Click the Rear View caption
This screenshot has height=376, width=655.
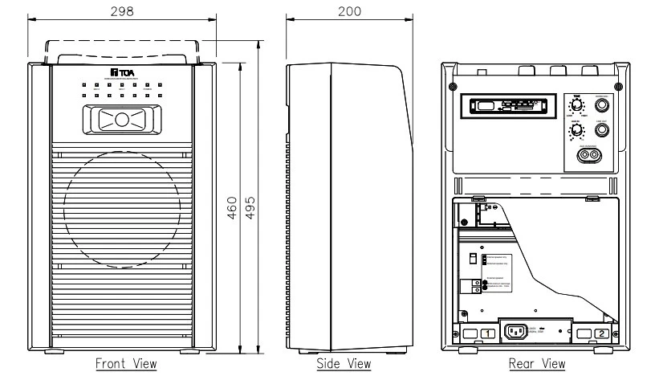click(x=537, y=364)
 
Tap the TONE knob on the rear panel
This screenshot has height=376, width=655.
click(x=576, y=105)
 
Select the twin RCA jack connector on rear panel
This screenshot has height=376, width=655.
click(x=589, y=157)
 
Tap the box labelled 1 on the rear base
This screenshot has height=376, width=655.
click(x=488, y=333)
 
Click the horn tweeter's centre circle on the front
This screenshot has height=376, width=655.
click(x=121, y=120)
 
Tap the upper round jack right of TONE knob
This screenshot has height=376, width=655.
click(x=601, y=104)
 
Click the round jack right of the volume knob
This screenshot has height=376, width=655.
click(x=601, y=131)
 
